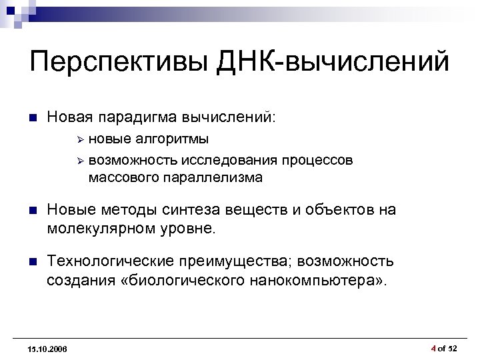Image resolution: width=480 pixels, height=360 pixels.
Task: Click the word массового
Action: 119,178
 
